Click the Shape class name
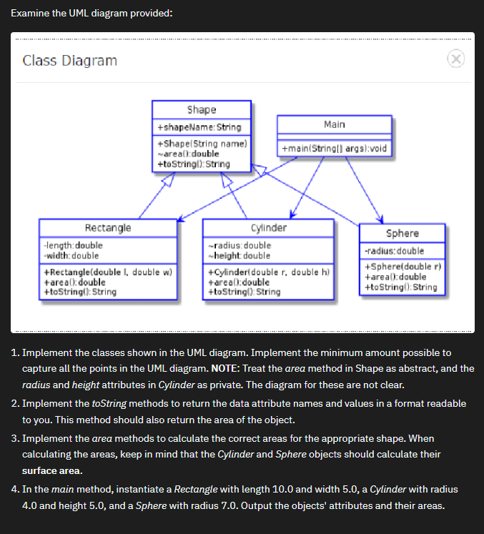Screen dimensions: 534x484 (x=201, y=110)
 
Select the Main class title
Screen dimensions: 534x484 (x=334, y=124)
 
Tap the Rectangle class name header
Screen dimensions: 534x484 (x=108, y=228)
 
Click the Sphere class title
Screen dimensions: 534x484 (x=402, y=234)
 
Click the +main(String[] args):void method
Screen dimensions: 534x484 (x=334, y=149)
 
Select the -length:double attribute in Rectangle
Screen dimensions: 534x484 (x=73, y=246)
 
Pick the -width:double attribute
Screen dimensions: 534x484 (x=71, y=255)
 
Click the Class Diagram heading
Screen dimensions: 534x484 (x=70, y=61)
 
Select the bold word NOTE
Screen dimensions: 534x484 (x=226, y=369)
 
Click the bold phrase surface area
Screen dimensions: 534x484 (x=52, y=471)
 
